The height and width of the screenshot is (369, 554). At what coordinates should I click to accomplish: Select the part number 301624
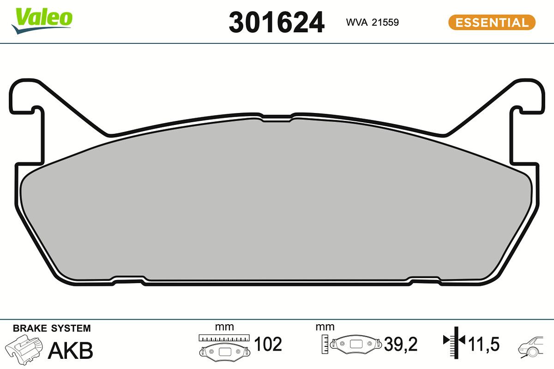pos(277,23)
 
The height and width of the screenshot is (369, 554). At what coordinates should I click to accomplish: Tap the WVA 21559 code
pos(372,22)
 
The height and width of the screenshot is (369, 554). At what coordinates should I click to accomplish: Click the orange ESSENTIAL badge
pos(492,22)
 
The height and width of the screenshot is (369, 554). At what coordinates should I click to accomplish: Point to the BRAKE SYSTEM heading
pos(52,328)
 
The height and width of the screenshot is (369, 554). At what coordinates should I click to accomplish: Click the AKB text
pos(71,351)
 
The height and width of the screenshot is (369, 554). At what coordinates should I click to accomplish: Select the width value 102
pos(268,344)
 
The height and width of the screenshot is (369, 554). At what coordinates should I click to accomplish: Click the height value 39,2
pos(401,344)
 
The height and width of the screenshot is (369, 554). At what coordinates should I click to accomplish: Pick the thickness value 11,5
pos(484,344)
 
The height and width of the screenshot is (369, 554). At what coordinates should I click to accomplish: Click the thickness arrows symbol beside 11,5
pos(454,341)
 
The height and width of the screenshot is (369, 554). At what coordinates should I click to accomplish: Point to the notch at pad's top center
pos(277,118)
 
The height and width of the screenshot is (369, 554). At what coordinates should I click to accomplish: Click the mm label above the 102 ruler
pos(224,327)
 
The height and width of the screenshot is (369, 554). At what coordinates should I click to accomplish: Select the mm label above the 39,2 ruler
pos(325,327)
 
